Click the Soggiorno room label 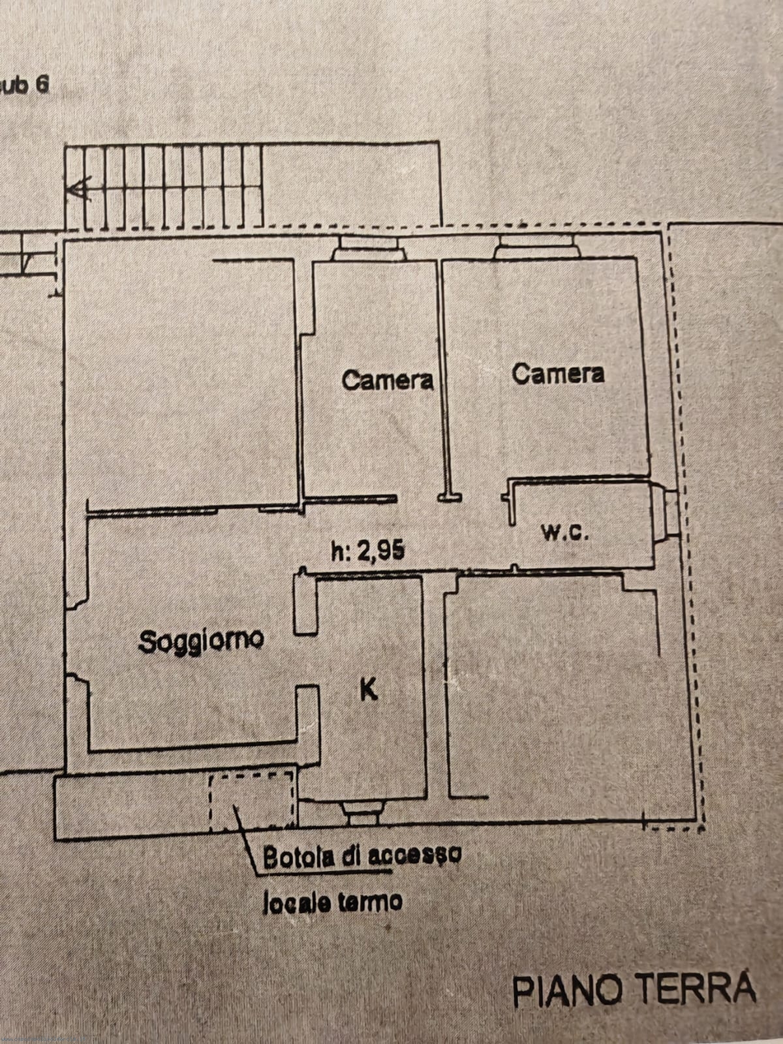point(200,641)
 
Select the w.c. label point(566,534)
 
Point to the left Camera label point(388,380)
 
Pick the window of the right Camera point(537,247)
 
